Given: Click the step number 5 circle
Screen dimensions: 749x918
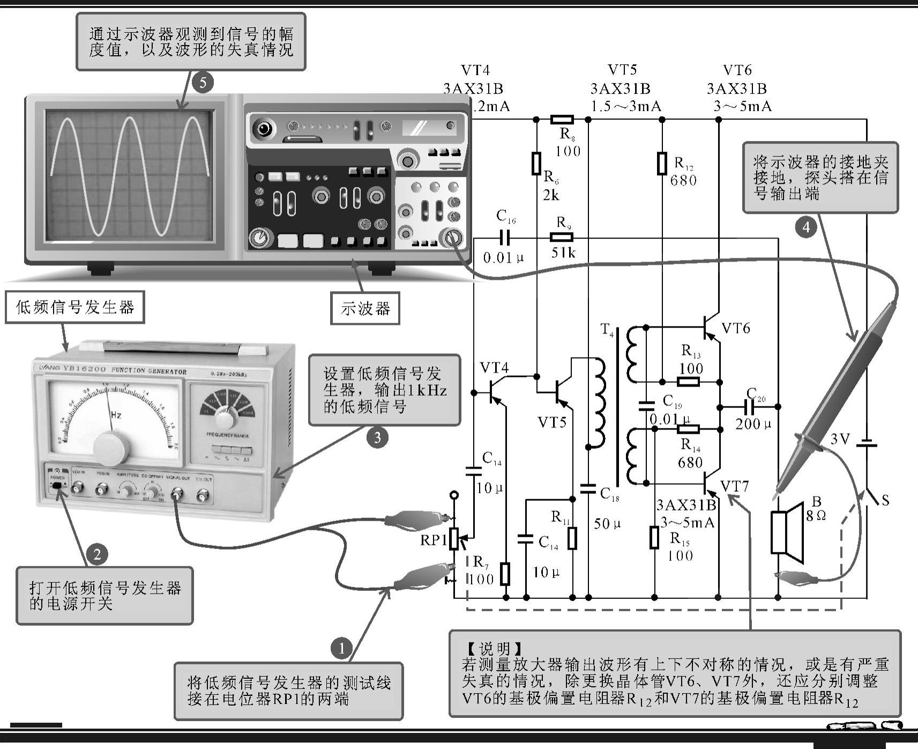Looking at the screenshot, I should pos(202,83).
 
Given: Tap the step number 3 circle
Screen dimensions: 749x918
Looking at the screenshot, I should pos(377,437).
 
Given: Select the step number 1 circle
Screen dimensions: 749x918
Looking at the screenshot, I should pos(341,648).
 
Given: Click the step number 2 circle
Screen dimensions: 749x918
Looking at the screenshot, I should pos(97,554).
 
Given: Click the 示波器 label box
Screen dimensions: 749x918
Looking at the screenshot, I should pos(365,308).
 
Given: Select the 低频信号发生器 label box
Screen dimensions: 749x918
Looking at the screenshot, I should pos(75,307).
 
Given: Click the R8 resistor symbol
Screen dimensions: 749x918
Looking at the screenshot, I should pos(562,120).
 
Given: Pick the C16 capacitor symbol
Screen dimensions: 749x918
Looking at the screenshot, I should pos(504,238).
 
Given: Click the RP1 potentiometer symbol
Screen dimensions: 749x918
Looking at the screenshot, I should pos(454,538).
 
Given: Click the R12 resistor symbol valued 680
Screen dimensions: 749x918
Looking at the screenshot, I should pos(662,164).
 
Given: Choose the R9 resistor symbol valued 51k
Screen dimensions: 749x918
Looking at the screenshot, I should pos(562,238).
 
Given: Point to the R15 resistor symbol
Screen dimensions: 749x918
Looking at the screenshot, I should pos(654,537).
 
